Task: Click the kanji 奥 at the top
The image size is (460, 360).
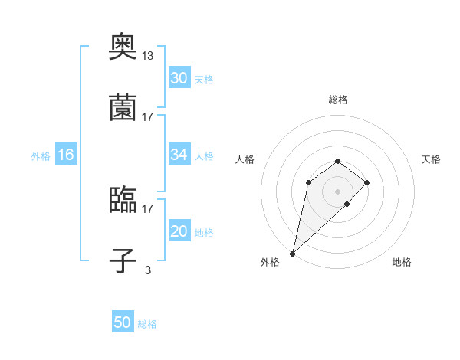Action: [x=123, y=47]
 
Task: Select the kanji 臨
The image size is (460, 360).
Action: [x=123, y=200]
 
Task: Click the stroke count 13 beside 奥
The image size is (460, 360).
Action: [x=148, y=55]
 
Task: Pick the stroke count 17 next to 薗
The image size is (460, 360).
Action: [x=148, y=116]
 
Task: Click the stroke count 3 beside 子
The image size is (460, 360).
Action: [x=148, y=270]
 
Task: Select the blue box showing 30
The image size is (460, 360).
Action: [x=179, y=78]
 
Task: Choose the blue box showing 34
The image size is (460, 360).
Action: [x=179, y=155]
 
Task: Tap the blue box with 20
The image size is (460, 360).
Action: [x=179, y=231]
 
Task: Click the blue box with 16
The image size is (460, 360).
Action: [x=66, y=155]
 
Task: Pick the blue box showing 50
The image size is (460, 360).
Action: [x=123, y=322]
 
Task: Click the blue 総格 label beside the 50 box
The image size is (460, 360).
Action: [x=147, y=324]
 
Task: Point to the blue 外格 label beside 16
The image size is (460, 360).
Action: [x=41, y=155]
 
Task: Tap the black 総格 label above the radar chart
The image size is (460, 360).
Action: [x=337, y=100]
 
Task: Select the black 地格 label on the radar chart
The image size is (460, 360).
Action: [x=402, y=262]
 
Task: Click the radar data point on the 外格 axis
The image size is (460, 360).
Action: [x=293, y=253]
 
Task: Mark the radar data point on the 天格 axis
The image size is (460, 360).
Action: [x=367, y=182]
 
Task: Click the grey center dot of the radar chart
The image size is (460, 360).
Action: [x=337, y=191]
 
